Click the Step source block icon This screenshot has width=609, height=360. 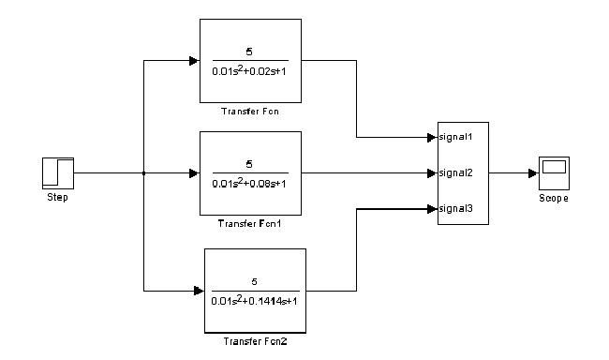[x=58, y=173]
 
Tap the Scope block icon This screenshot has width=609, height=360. [x=554, y=173]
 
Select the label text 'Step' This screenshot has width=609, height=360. [x=57, y=198]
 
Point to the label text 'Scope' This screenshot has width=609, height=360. [x=554, y=198]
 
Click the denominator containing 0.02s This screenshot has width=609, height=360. [x=249, y=70]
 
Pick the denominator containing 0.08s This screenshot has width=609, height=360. [x=249, y=183]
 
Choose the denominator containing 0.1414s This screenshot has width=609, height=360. [x=254, y=300]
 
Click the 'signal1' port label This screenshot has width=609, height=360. [x=455, y=137]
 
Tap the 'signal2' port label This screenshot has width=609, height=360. [x=455, y=172]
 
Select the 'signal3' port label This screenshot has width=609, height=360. [x=455, y=209]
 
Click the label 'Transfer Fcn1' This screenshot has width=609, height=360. [x=249, y=223]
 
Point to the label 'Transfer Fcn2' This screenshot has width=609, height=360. [x=255, y=341]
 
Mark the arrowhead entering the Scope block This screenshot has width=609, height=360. [x=533, y=173]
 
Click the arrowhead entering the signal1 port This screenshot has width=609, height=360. [x=432, y=138]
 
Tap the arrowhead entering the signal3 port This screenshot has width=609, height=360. [x=432, y=209]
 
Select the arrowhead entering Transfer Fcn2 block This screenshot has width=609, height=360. [x=199, y=291]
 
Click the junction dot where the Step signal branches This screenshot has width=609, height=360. [x=143, y=173]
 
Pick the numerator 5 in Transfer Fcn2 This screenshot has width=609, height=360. [x=255, y=281]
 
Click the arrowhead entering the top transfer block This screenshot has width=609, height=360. [x=194, y=61]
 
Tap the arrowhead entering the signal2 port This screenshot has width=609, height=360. [x=432, y=173]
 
